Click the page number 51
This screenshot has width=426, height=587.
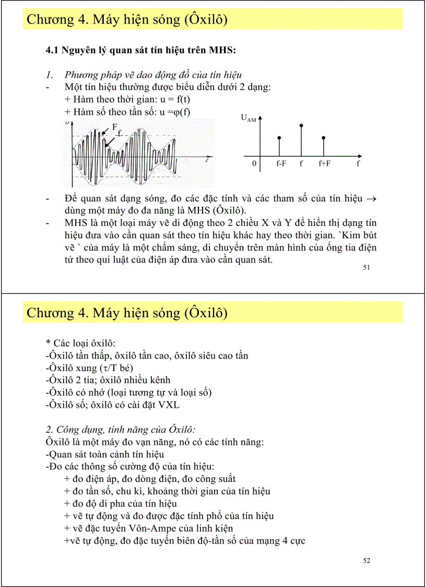coord(366,268)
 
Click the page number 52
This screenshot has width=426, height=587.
coord(366,561)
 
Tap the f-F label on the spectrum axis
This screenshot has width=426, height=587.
coord(281,164)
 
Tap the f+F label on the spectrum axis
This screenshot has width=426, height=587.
coord(324,164)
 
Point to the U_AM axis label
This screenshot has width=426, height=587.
coord(248,119)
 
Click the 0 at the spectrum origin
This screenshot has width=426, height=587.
coord(254,164)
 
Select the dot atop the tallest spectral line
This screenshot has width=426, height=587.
coord(301,125)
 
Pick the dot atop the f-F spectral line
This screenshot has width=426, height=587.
coord(279,138)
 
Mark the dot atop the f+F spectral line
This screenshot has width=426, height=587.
coord(323,138)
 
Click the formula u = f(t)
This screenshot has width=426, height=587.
coord(165,99)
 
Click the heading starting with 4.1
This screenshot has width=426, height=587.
coord(141,50)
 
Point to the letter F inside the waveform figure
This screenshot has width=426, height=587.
coord(114,126)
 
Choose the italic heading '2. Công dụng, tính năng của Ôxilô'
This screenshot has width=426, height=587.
coord(121,430)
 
